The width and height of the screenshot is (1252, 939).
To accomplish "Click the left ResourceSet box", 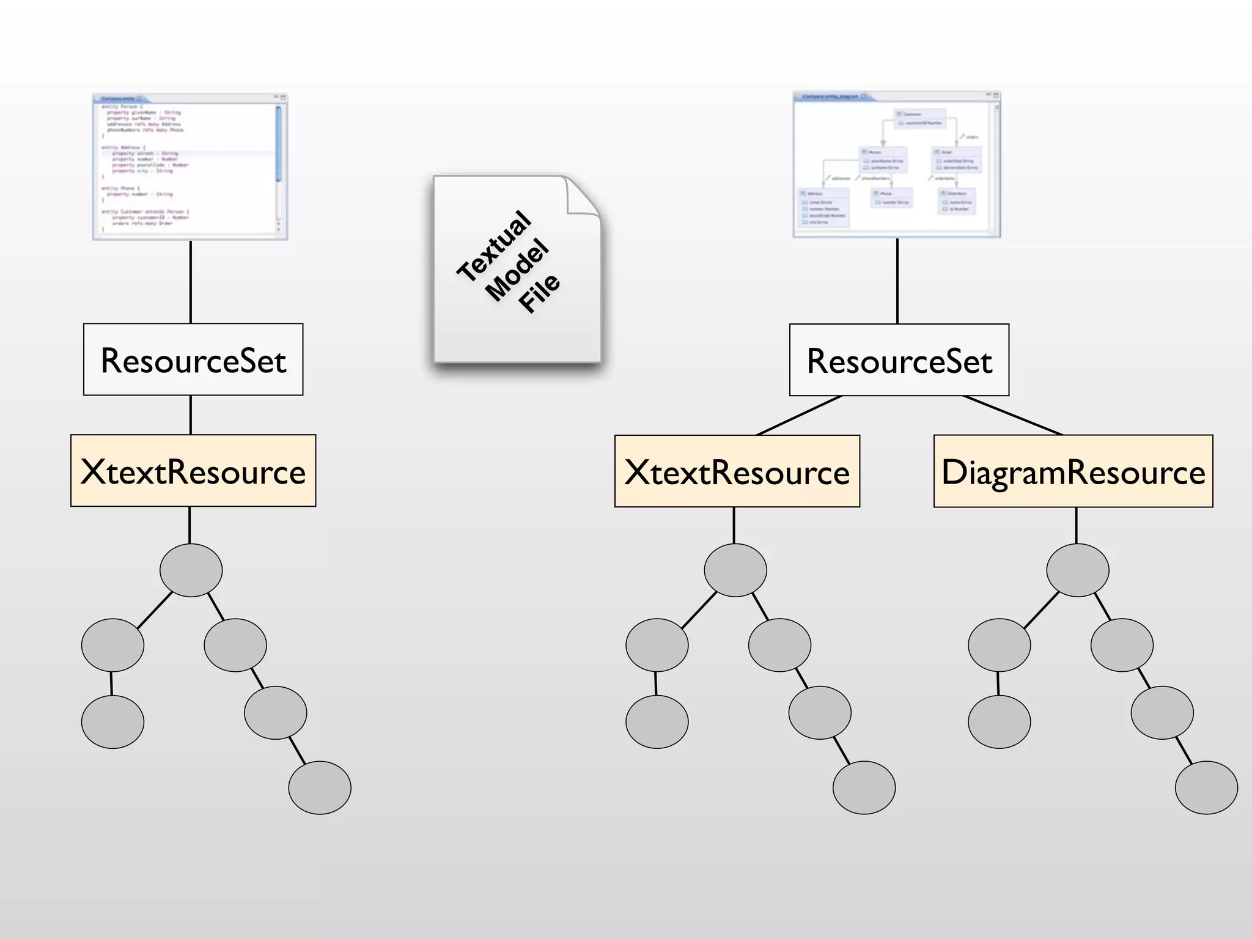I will pos(193,359).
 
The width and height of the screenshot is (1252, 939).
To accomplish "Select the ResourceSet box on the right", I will pos(899,360).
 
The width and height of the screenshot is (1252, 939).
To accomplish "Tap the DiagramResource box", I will pos(1073,471).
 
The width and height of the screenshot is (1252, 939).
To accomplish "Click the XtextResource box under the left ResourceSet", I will pos(193,471).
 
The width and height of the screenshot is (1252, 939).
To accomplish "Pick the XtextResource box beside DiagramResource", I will pos(737,471).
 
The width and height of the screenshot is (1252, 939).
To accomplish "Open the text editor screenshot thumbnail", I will pos(190,166).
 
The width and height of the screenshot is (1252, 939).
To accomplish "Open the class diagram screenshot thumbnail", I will pos(897,164).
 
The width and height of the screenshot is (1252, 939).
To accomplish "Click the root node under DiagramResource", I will pos(1077,570).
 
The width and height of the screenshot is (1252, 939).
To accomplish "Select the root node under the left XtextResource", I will pos(191,570).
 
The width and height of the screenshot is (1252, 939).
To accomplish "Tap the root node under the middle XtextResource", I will pos(735,570).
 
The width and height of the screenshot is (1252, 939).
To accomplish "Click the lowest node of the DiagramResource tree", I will pos(1206,787).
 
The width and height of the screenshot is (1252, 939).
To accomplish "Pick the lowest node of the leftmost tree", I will pos(320,787).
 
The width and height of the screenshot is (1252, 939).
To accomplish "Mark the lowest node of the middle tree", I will pos(864,787).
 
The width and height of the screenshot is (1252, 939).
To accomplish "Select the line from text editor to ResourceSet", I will pos(191,281).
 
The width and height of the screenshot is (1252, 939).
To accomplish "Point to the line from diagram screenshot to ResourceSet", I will pos(897,281).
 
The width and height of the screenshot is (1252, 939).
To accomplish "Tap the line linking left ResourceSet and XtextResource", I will pos(191,414).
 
